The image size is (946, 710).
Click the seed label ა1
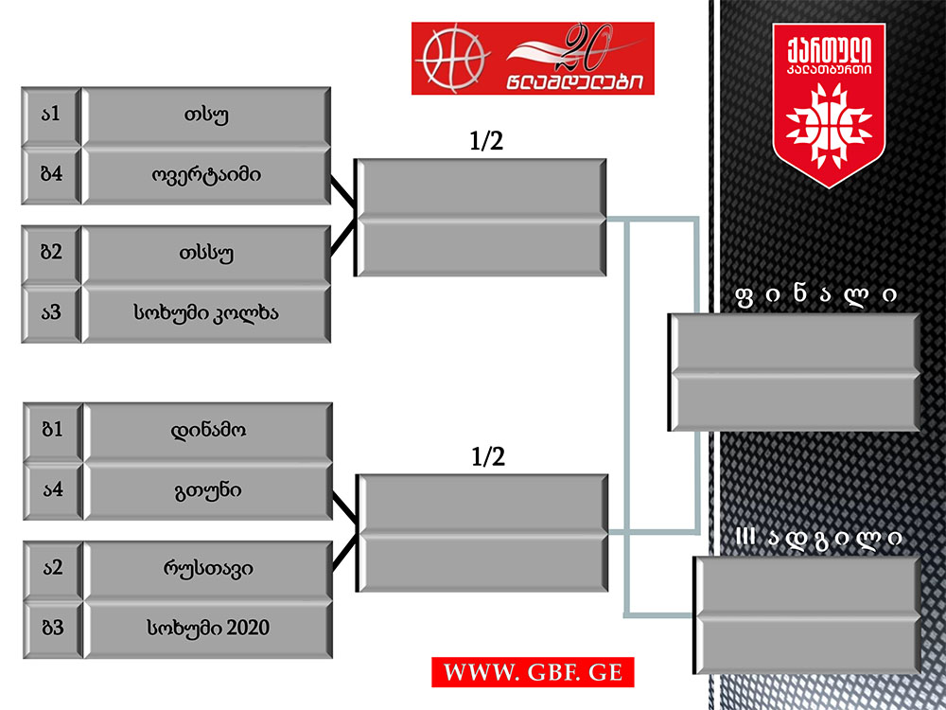(51, 115)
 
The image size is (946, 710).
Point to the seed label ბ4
(51, 175)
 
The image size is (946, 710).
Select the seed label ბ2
(51, 253)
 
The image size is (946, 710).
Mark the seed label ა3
(51, 312)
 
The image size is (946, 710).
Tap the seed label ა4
(52, 490)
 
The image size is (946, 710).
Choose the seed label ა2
(52, 568)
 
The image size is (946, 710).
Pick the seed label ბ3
(52, 628)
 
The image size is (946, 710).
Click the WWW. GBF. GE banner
(533, 673)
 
